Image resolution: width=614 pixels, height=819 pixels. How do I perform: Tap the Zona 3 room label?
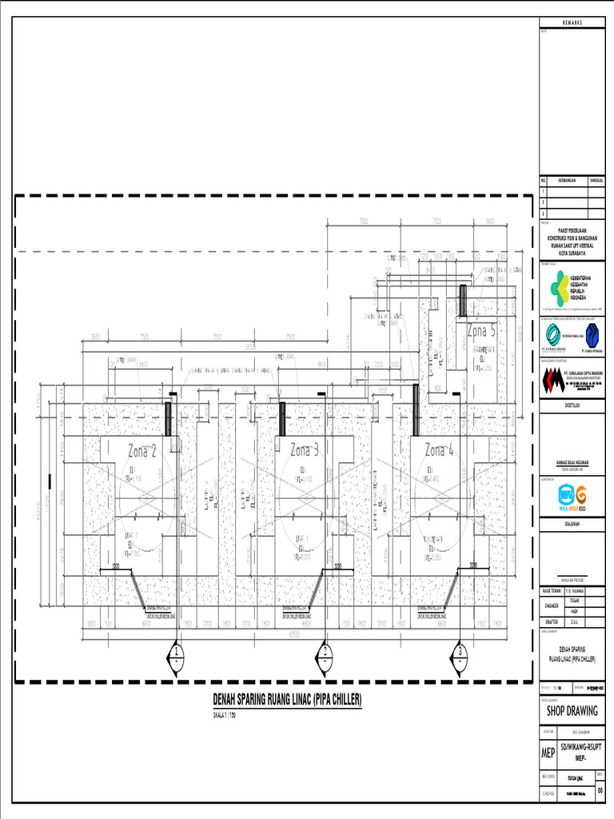305,449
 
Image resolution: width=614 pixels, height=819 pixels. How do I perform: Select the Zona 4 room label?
440,449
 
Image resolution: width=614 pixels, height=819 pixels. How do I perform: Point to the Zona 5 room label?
481,330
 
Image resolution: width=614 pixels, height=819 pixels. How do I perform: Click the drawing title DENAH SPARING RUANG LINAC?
287,700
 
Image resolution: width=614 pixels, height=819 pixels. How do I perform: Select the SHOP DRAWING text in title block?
572,710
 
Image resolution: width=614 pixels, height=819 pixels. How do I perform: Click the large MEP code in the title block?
548,753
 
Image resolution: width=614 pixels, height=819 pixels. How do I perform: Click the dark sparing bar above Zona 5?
462,301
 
